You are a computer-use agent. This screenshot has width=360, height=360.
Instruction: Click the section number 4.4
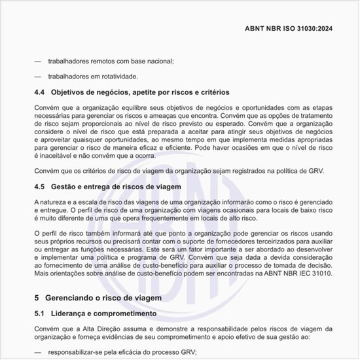[x=41, y=92]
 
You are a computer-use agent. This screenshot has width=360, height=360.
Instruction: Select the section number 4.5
[x=41, y=187]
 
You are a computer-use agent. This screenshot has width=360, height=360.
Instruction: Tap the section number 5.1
[x=41, y=314]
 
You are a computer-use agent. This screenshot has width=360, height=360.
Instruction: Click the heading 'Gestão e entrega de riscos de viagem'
[x=117, y=187]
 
